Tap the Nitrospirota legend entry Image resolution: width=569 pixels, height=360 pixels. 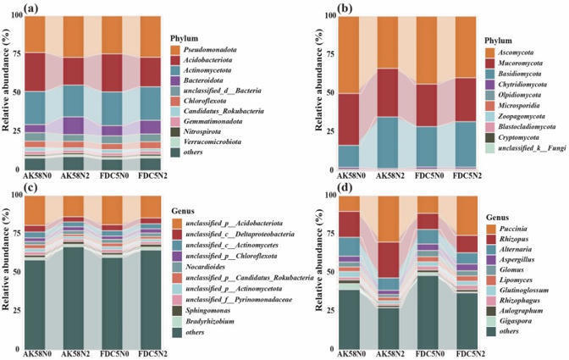pos(204,131)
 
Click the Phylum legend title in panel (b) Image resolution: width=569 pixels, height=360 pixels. pos(497,39)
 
